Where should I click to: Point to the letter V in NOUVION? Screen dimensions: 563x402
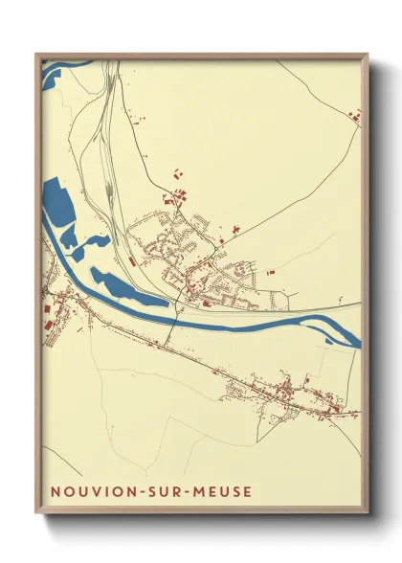pyautogui.click(x=97, y=491)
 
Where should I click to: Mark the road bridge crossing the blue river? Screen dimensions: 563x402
pyautogui.click(x=173, y=317)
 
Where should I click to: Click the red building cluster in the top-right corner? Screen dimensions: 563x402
pyautogui.click(x=354, y=117)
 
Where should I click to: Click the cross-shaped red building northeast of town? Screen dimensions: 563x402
pyautogui.click(x=176, y=174)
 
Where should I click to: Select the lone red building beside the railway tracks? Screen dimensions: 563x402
pyautogui.click(x=131, y=260)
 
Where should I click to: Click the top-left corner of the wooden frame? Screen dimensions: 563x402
pyautogui.click(x=37, y=55)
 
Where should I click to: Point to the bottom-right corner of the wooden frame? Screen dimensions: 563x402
pyautogui.click(x=367, y=512)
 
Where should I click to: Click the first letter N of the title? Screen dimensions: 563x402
pyautogui.click(x=55, y=491)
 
